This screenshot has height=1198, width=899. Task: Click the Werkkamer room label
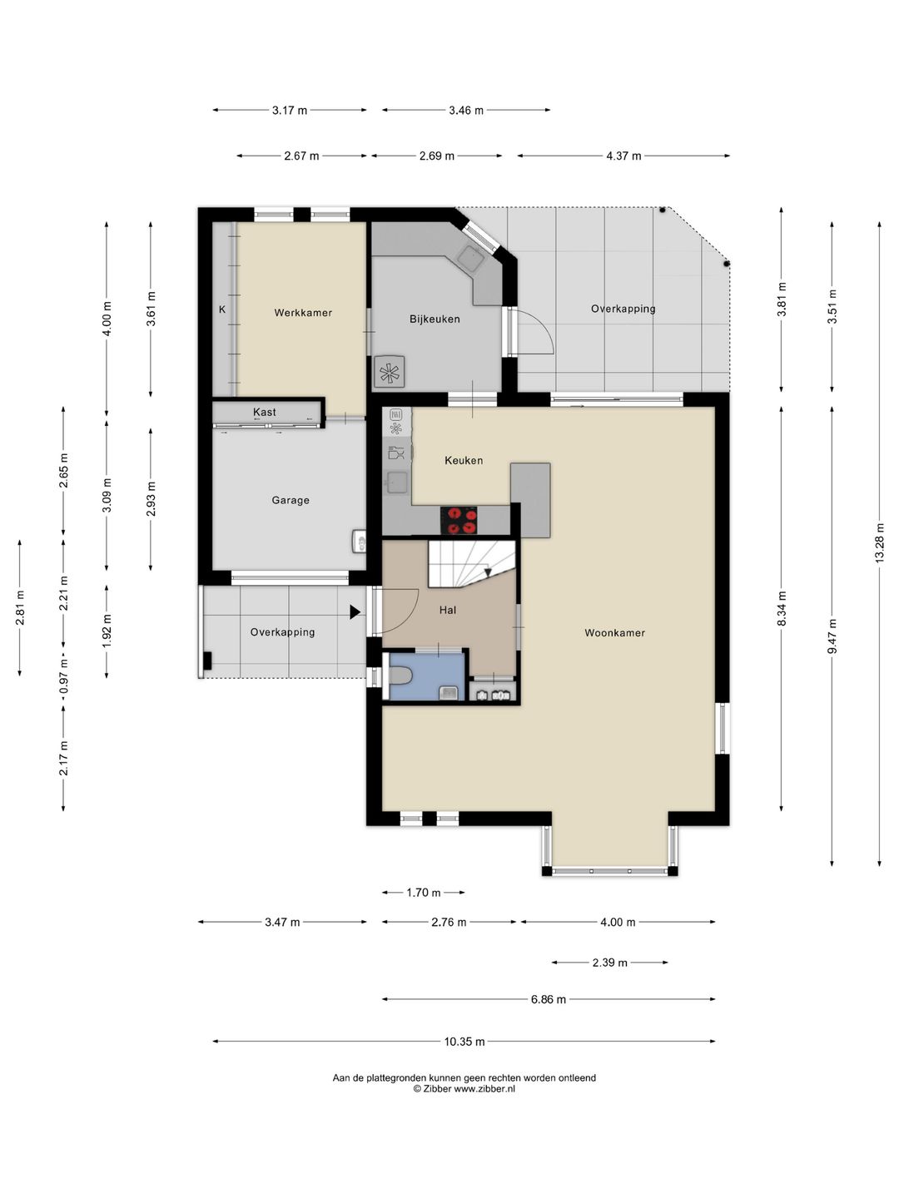[x=303, y=313]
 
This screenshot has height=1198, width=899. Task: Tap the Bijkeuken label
[x=435, y=319]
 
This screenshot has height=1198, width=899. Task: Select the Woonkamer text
[x=614, y=633]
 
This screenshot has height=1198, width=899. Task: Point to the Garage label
[x=291, y=500]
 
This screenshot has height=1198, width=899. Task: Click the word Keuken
[x=464, y=461]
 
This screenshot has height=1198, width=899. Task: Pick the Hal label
[x=448, y=610]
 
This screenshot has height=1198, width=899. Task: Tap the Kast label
[x=264, y=412]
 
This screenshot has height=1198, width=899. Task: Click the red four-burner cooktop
[x=459, y=520]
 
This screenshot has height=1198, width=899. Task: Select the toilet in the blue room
[x=400, y=676]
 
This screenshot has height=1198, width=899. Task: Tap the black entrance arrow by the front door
[x=355, y=612]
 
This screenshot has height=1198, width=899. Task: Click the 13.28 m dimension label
[x=879, y=543]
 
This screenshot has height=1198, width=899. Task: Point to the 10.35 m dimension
[x=464, y=1042]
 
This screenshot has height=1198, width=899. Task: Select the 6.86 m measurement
[x=549, y=999]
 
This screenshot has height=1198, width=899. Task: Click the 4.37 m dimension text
[x=623, y=156]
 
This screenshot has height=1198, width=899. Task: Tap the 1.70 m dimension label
[x=424, y=893]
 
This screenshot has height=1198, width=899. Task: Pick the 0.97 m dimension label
[x=63, y=676]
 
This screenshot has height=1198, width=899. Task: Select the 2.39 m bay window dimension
[x=609, y=963]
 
